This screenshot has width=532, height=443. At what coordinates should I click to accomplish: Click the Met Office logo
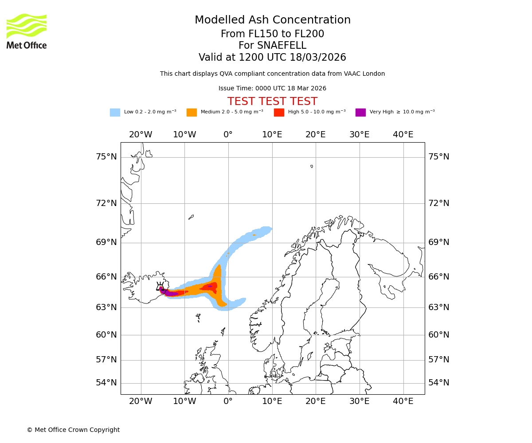pyautogui.click(x=27, y=31)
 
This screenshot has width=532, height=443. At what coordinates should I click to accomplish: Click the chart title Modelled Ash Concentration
pyautogui.click(x=272, y=20)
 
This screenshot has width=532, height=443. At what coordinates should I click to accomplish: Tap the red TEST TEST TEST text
pyautogui.click(x=272, y=101)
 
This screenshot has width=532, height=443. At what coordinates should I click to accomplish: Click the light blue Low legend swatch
pyautogui.click(x=115, y=113)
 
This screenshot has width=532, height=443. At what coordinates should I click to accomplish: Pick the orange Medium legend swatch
pyautogui.click(x=192, y=113)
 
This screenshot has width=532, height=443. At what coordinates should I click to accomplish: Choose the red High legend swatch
pyautogui.click(x=279, y=113)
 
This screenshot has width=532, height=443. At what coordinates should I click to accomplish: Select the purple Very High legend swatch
pyautogui.click(x=360, y=113)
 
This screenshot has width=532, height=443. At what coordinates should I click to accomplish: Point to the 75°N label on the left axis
pyautogui.click(x=106, y=157)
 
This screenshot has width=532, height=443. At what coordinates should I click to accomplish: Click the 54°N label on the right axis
pyautogui.click(x=438, y=383)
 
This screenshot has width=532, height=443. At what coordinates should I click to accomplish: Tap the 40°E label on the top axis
pyautogui.click(x=403, y=135)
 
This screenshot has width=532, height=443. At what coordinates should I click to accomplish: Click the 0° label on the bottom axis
pyautogui.click(x=228, y=401)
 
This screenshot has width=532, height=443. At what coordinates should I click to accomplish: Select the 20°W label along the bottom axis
pyautogui.click(x=141, y=401)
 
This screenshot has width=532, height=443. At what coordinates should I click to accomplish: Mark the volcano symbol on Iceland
pyautogui.click(x=160, y=288)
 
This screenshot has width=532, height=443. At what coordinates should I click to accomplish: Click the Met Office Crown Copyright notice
pyautogui.click(x=73, y=430)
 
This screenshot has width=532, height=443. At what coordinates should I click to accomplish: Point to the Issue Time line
pyautogui.click(x=272, y=89)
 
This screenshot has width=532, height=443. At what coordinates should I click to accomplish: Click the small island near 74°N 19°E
pyautogui.click(x=312, y=167)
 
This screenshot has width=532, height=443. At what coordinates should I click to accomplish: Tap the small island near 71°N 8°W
pyautogui.click(x=191, y=217)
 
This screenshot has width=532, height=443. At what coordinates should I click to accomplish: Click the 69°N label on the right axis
pyautogui.click(x=438, y=242)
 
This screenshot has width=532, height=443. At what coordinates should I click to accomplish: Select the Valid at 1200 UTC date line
pyautogui.click(x=272, y=58)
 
